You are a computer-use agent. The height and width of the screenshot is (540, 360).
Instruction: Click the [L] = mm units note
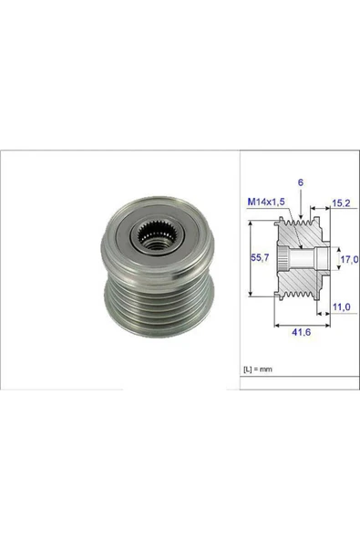[260, 369]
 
